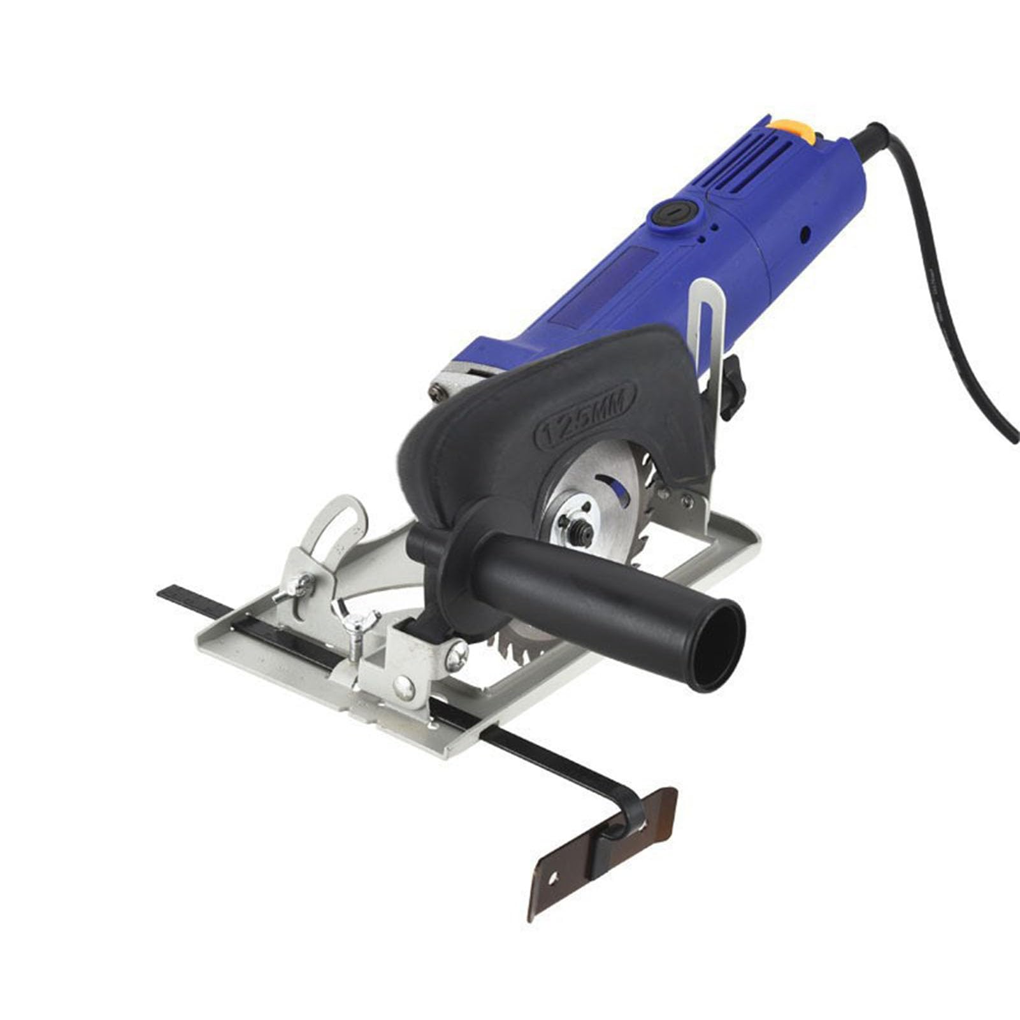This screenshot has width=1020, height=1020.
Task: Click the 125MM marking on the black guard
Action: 585,415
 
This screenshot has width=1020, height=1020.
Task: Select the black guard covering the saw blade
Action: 510,433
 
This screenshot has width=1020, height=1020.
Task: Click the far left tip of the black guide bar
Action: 161,592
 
